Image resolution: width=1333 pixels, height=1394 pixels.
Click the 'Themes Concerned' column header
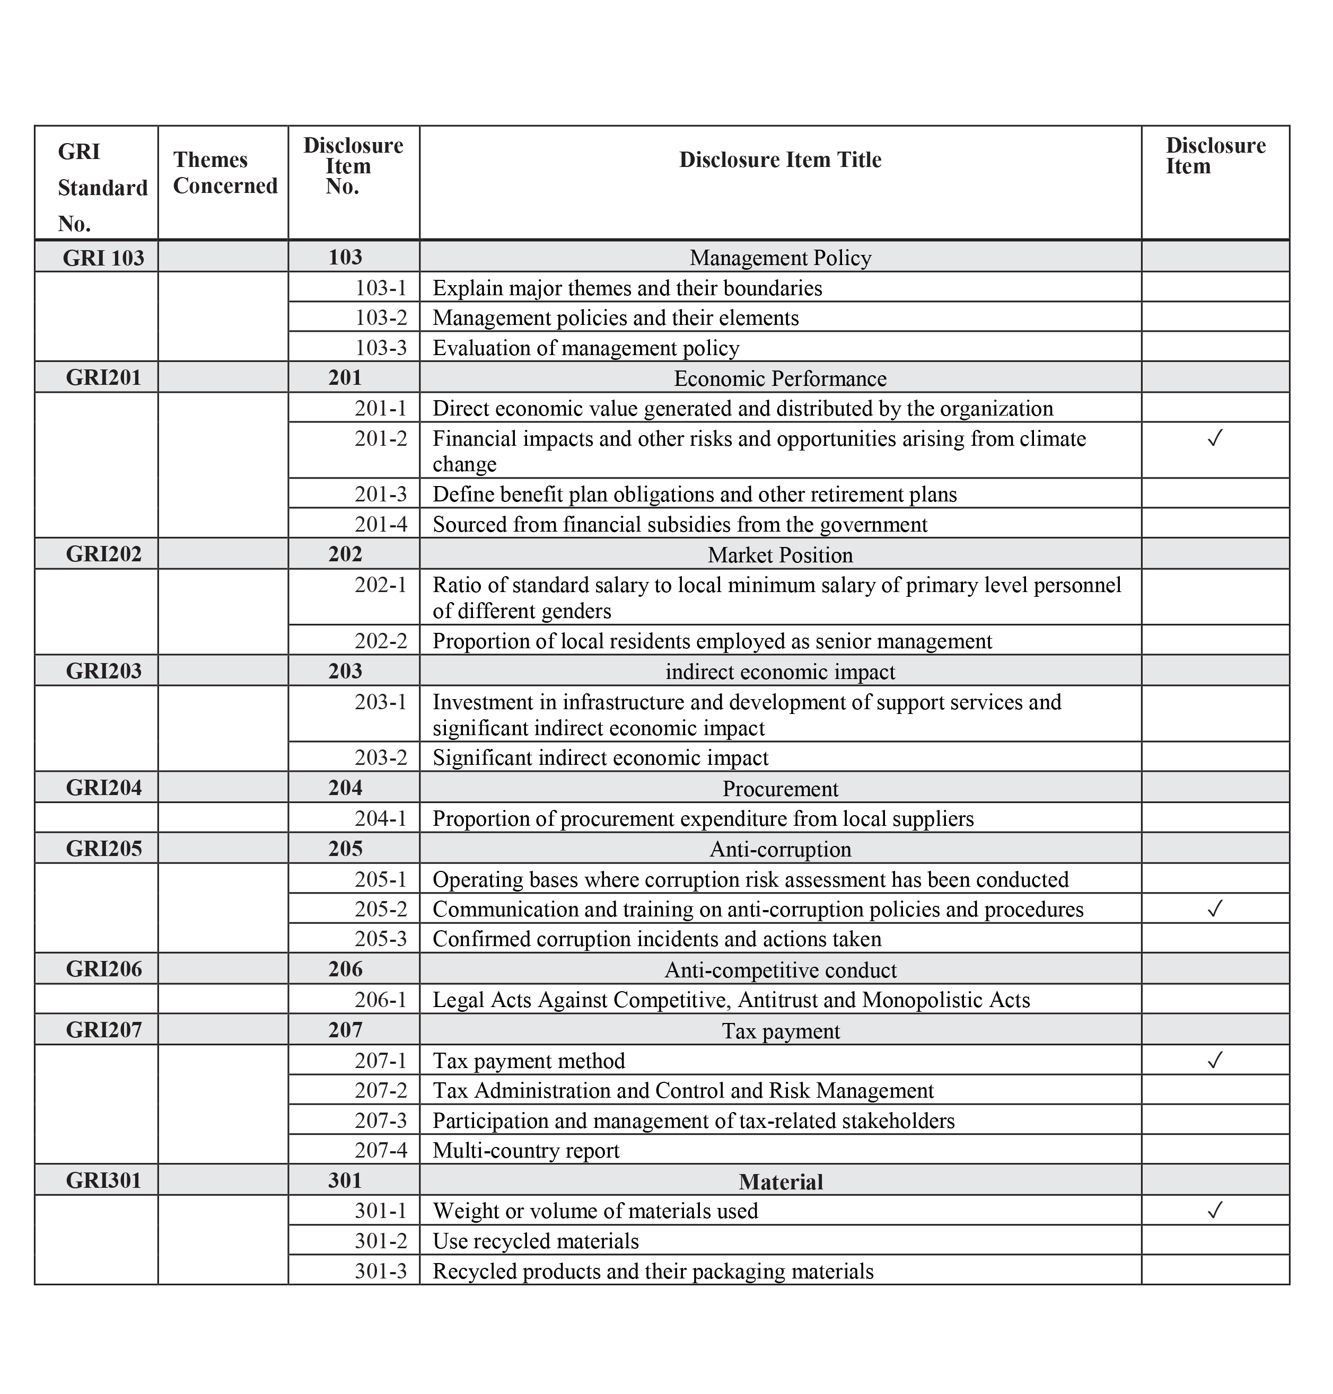click(x=224, y=173)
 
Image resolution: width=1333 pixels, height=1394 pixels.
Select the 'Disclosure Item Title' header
click(x=779, y=160)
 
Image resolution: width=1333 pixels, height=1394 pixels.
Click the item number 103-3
click(x=381, y=348)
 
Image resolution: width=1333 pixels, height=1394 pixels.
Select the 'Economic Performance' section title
click(x=779, y=378)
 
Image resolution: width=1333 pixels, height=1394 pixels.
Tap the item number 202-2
click(x=381, y=641)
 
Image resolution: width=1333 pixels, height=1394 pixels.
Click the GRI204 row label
click(x=104, y=788)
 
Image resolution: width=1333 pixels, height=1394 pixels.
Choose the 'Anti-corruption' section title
click(x=779, y=849)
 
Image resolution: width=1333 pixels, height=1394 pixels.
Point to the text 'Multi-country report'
click(x=526, y=1150)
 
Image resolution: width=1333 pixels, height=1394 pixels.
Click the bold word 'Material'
click(x=780, y=1181)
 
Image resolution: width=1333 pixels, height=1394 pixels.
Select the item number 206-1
click(x=381, y=1000)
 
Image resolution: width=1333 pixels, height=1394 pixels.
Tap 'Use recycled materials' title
click(x=536, y=1241)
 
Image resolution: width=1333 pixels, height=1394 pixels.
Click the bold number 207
click(x=345, y=1030)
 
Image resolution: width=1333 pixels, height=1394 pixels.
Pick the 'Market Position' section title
click(x=779, y=554)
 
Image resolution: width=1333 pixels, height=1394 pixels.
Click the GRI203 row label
click(x=104, y=671)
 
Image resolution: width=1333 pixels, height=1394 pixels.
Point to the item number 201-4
click(x=381, y=524)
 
